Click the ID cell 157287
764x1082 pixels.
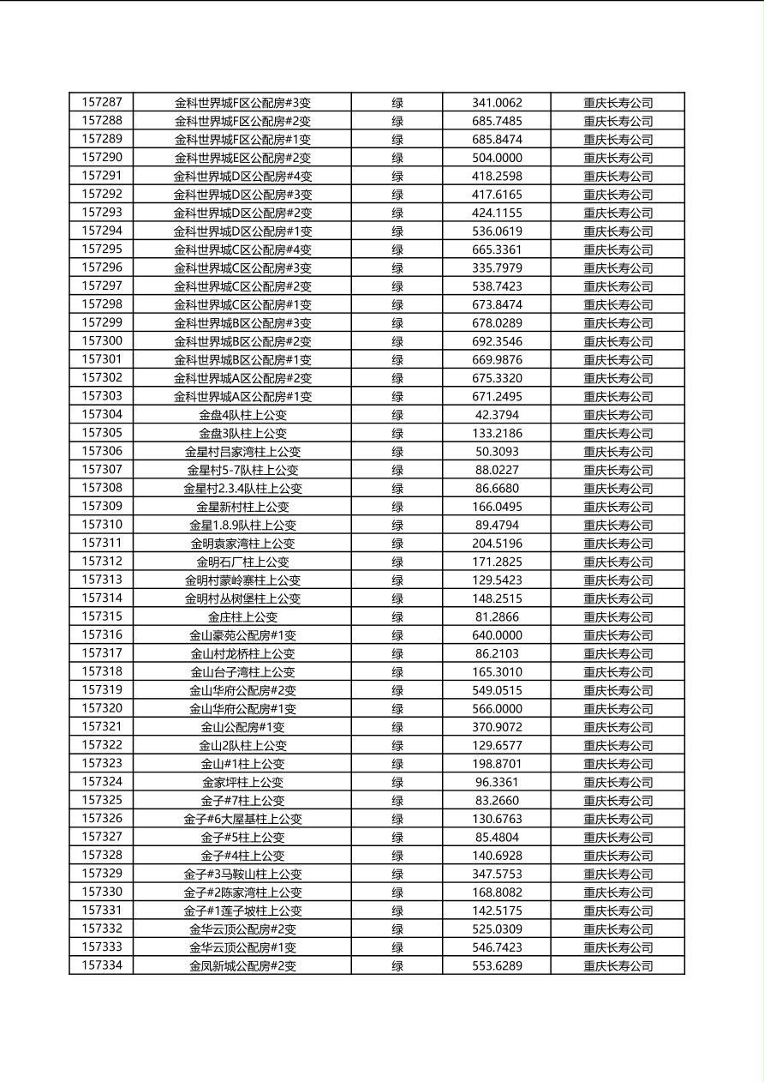click(102, 102)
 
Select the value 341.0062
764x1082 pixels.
click(497, 103)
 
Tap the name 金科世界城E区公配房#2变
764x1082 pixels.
click(242, 158)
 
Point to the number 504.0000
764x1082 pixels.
click(497, 158)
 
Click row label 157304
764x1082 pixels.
click(102, 414)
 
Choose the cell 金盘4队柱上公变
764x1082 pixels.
click(242, 415)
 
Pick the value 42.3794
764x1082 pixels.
click(497, 415)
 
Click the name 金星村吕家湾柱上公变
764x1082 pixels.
click(242, 452)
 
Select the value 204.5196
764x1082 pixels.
click(497, 544)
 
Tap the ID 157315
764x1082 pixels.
click(102, 616)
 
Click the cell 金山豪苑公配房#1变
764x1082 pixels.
click(242, 635)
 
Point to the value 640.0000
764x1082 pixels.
click(497, 635)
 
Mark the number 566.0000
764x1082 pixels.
click(497, 709)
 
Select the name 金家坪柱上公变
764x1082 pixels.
click(242, 782)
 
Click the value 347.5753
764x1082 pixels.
click(497, 874)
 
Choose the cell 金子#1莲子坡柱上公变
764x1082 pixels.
click(242, 911)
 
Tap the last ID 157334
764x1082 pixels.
click(102, 965)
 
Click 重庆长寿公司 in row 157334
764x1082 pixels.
click(618, 966)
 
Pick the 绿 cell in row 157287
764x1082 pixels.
click(397, 103)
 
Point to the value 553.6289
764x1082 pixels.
click(497, 966)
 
